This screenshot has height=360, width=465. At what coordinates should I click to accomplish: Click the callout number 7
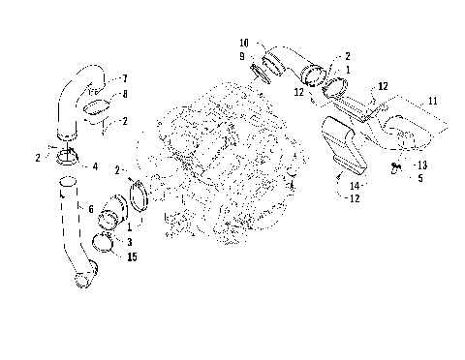[x=123, y=77]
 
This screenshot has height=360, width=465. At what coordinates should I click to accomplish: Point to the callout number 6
[x=91, y=208]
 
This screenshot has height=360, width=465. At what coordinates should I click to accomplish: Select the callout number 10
[x=244, y=44]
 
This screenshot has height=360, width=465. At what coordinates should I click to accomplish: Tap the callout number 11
[x=432, y=101]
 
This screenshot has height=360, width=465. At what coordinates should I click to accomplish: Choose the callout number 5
[x=420, y=178]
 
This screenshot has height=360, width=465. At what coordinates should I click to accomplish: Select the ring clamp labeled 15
[x=114, y=246]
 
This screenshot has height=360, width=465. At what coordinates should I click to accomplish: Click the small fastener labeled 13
[x=397, y=167]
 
